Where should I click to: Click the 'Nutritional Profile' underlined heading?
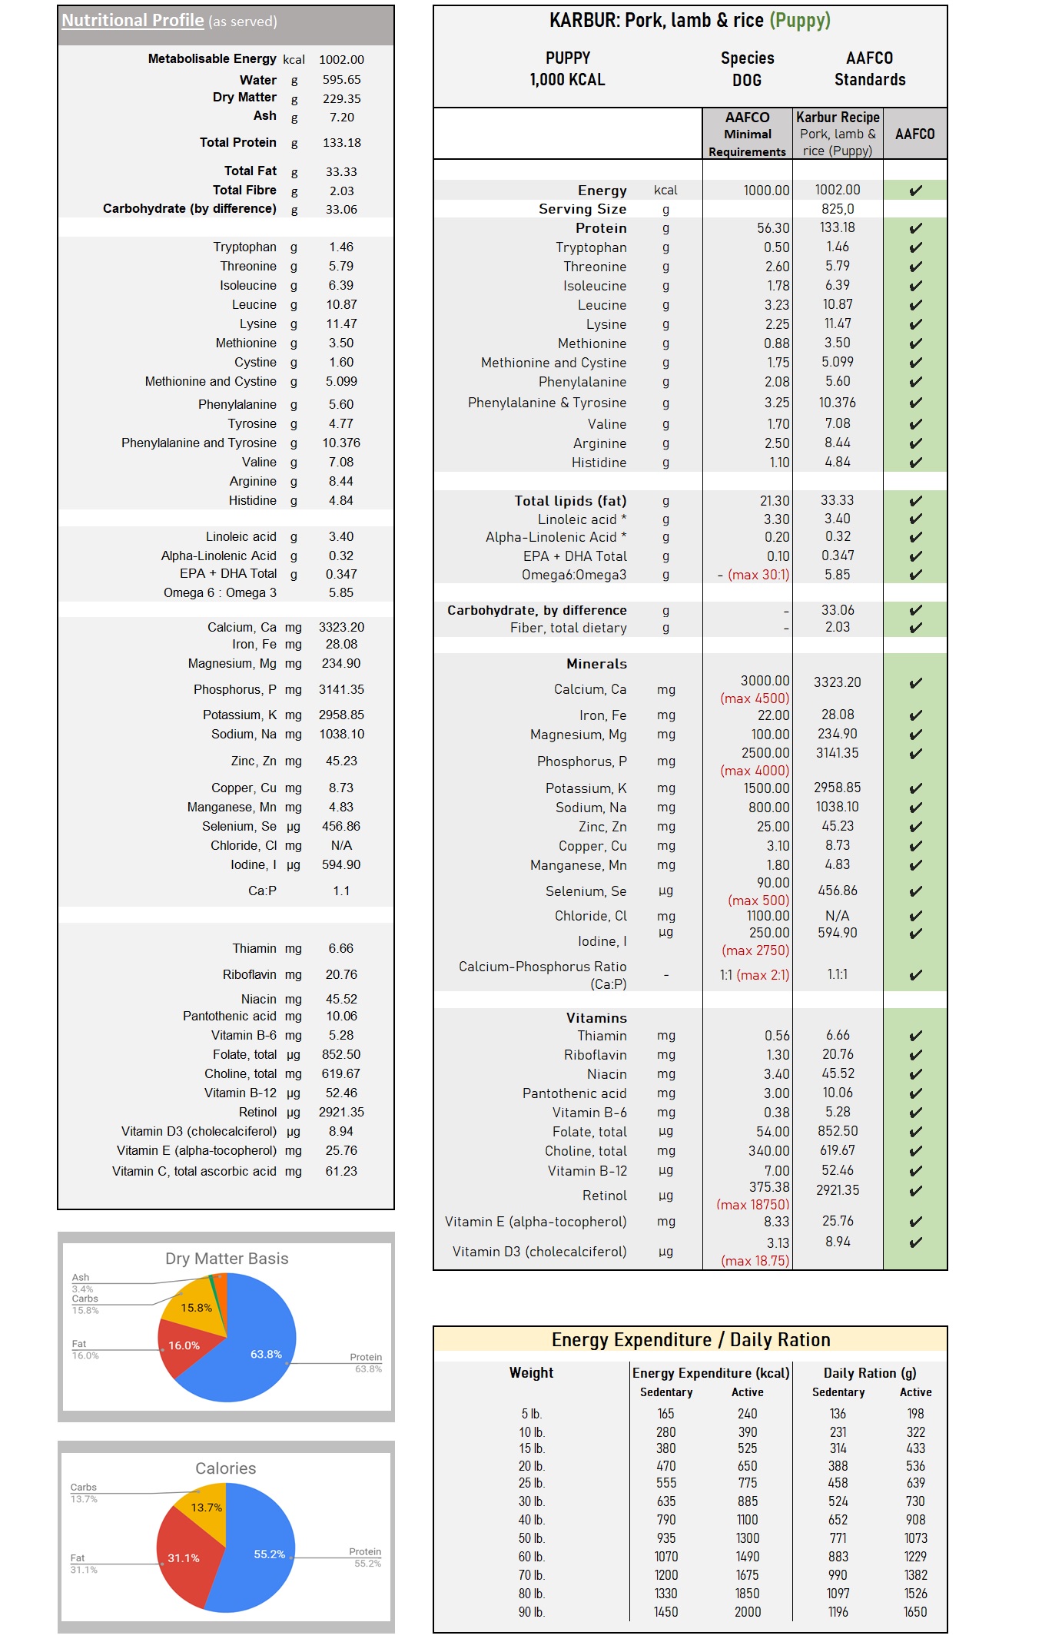(132, 21)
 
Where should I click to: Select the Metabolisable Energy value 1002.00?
(341, 60)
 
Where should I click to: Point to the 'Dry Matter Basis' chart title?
(227, 1259)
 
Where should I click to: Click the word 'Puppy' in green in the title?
(800, 21)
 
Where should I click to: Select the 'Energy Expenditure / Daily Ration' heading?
(690, 1340)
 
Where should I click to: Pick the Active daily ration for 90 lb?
(914, 1612)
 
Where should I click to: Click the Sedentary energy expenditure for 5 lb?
(665, 1414)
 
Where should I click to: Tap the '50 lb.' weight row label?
(531, 1538)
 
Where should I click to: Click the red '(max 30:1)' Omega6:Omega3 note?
(758, 575)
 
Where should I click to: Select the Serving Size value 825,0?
(837, 209)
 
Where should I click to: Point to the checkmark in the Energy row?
(915, 191)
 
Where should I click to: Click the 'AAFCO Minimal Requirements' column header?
(747, 134)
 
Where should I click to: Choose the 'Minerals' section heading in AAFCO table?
(596, 664)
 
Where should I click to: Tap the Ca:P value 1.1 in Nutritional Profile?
(341, 891)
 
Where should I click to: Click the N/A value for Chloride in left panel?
(341, 846)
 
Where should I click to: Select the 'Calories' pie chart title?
(225, 1468)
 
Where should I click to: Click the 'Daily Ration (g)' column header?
(870, 1373)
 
